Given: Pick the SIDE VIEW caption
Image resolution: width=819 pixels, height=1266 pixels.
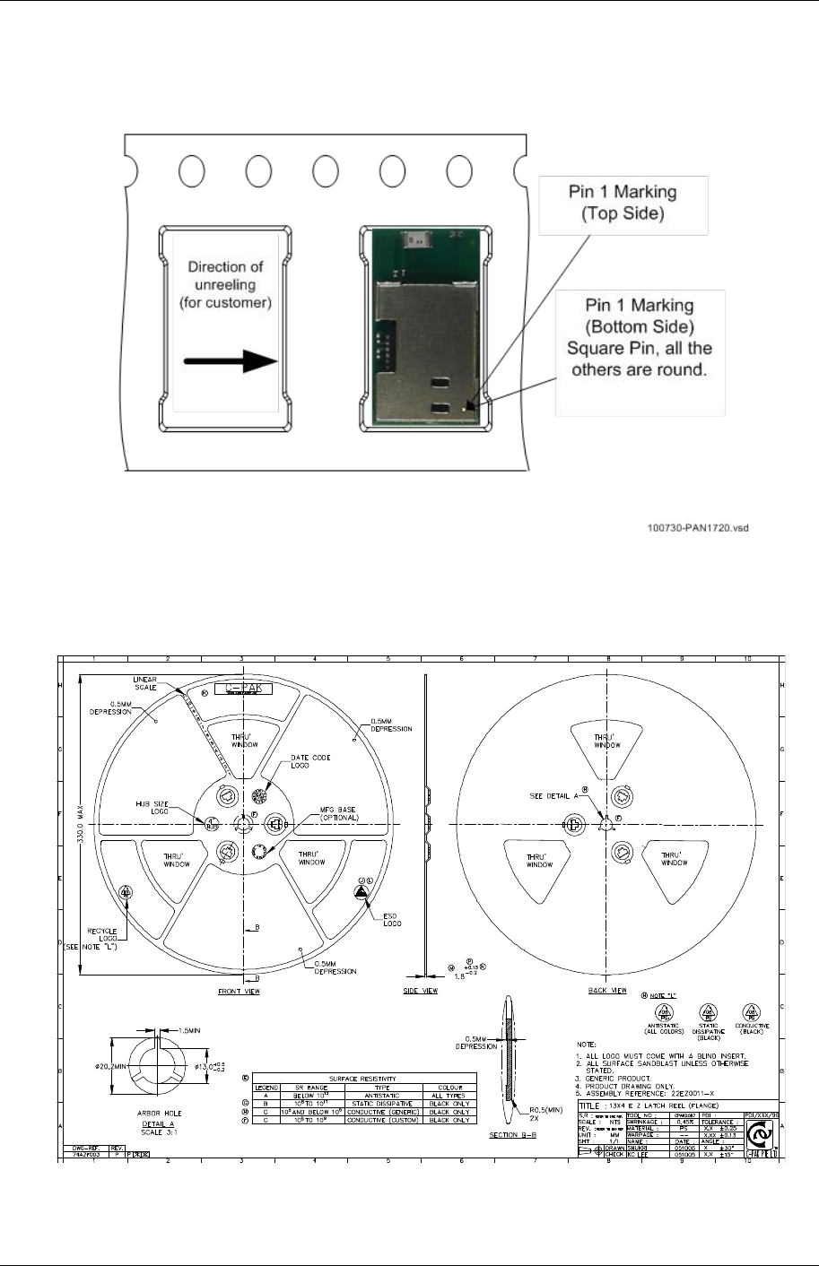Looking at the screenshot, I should tap(421, 992).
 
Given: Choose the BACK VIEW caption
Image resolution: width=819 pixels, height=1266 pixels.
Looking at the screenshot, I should tap(607, 992).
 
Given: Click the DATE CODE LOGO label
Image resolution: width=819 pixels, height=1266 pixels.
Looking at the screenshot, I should tap(310, 762).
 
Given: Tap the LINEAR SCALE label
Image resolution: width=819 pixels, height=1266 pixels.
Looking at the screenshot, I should tap(145, 683).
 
